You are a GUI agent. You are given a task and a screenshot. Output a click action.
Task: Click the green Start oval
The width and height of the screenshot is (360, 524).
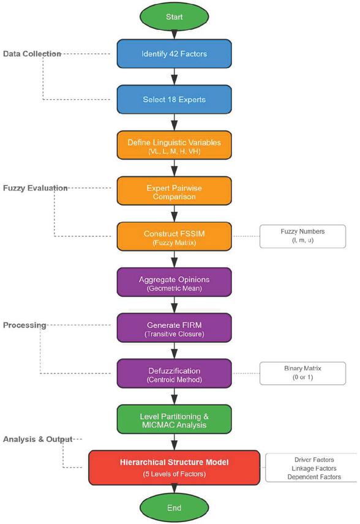pyautogui.click(x=174, y=17)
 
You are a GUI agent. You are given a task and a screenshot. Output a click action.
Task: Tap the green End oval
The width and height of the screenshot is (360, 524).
pyautogui.click(x=174, y=507)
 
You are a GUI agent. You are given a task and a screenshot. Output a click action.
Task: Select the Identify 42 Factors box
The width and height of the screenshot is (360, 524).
pyautogui.click(x=174, y=54)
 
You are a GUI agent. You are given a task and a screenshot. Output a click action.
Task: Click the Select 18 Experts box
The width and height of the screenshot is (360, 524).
pyautogui.click(x=174, y=99)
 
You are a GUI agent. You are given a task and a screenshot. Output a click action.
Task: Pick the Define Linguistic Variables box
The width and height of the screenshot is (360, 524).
pyautogui.click(x=174, y=145)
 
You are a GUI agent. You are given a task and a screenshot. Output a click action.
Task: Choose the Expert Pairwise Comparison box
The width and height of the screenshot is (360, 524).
pyautogui.click(x=174, y=191)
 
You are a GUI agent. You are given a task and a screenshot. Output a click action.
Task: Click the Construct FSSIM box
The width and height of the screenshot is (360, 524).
pyautogui.click(x=174, y=236)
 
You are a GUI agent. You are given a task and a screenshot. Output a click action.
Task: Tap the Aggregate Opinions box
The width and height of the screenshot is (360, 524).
pyautogui.click(x=174, y=282)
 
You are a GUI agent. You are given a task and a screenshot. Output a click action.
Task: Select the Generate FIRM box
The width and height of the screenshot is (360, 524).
pyautogui.click(x=174, y=328)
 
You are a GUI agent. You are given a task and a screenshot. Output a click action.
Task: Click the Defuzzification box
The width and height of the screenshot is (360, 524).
pyautogui.click(x=174, y=373)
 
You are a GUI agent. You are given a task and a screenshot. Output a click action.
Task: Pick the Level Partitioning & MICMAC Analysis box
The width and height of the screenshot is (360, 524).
pyautogui.click(x=174, y=419)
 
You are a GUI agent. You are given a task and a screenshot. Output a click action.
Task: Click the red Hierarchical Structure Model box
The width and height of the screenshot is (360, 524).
pyautogui.click(x=174, y=468)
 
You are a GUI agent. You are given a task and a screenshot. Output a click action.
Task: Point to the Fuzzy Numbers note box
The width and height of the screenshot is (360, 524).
pyautogui.click(x=302, y=236)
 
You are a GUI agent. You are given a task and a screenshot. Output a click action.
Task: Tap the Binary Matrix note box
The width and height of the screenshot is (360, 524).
pyautogui.click(x=302, y=373)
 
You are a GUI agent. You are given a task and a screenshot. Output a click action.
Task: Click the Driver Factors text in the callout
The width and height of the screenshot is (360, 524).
pyautogui.click(x=314, y=460)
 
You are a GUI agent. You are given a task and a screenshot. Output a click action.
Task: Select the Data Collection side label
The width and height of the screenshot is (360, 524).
pyautogui.click(x=32, y=54)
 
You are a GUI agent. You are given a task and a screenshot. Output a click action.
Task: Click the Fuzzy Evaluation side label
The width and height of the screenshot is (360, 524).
pyautogui.click(x=35, y=188)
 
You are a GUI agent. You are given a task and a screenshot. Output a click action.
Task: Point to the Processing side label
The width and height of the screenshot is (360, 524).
pyautogui.click(x=24, y=325)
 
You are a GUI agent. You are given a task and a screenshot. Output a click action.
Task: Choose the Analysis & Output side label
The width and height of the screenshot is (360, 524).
pyautogui.click(x=37, y=439)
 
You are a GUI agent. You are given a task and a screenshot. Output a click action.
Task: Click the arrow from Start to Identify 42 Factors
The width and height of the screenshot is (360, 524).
pyautogui.click(x=174, y=35)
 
